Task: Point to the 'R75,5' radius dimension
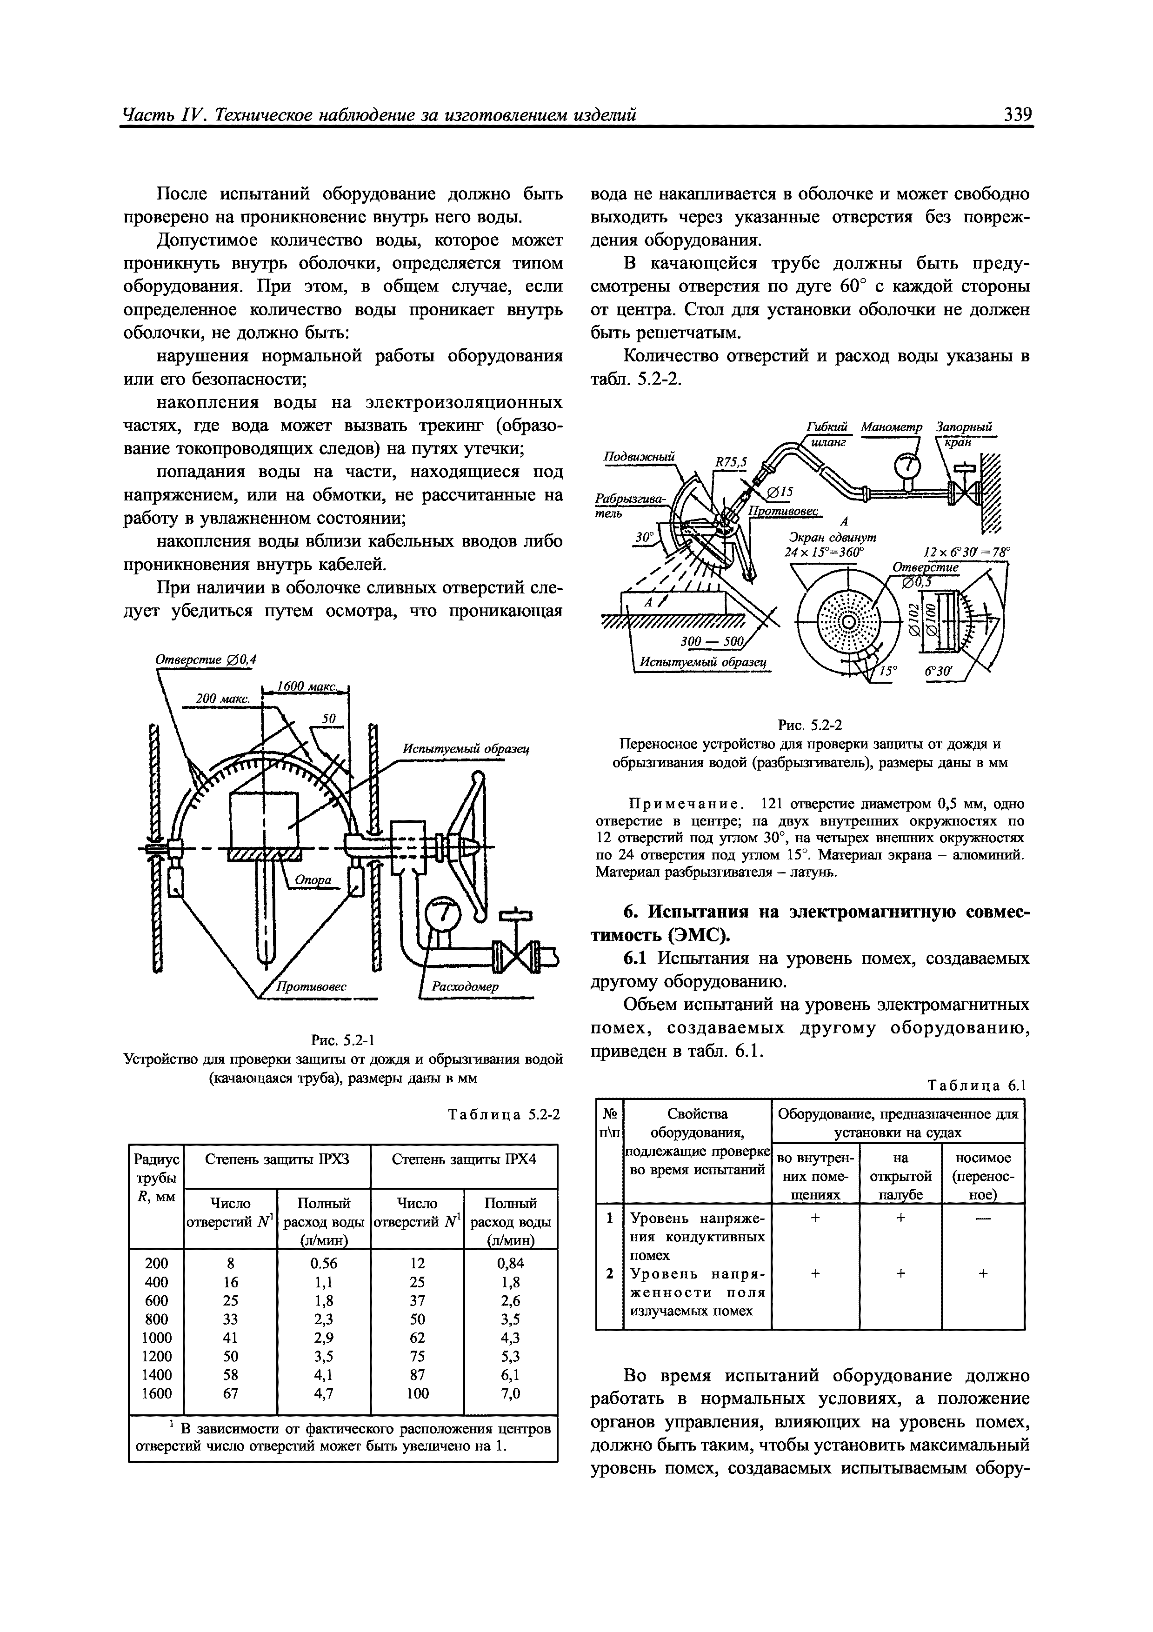(731, 463)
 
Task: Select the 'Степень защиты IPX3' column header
(277, 1159)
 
